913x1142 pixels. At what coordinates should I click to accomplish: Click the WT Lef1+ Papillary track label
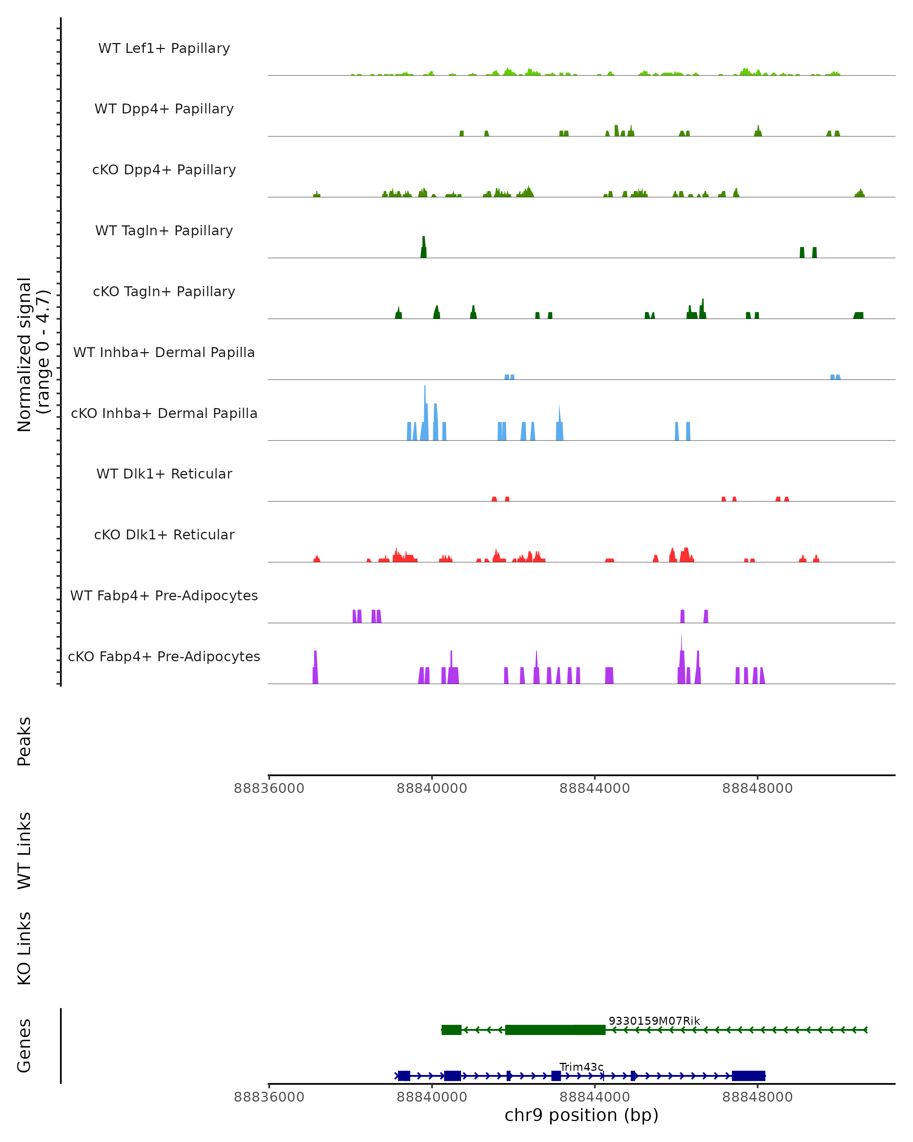[164, 48]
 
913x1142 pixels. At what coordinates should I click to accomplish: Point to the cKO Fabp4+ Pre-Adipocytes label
[164, 656]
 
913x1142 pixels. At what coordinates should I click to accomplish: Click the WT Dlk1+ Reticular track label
[164, 474]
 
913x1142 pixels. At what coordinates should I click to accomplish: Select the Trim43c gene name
[581, 1067]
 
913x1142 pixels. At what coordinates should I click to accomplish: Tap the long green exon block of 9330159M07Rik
[555, 1030]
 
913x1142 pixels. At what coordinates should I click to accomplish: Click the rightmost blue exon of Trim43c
[748, 1076]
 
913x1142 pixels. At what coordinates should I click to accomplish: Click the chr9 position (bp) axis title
[581, 1115]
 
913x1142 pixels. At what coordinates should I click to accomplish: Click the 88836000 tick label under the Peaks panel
[269, 788]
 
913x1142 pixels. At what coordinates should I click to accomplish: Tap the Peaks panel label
[24, 741]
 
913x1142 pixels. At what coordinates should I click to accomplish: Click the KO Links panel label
[24, 948]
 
